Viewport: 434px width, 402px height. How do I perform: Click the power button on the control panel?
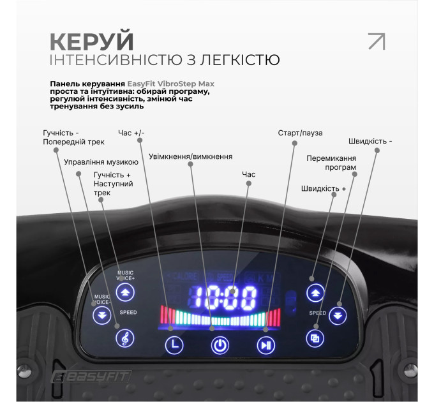tap(220, 346)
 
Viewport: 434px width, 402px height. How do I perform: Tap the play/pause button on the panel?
tap(266, 346)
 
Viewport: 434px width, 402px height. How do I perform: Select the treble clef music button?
tap(124, 339)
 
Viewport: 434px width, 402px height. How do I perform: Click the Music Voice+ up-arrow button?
tap(125, 293)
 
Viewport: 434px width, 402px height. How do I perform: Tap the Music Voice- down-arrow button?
tap(101, 315)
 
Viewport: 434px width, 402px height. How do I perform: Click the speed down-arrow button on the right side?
tap(338, 315)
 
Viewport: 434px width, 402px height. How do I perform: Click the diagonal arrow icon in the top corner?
tap(377, 41)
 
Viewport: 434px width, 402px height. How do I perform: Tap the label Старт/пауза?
tap(300, 133)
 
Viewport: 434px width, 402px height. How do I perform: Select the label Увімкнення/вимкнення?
tap(190, 156)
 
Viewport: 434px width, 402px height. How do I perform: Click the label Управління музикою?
tap(101, 162)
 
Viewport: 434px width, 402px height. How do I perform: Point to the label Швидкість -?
tap(370, 141)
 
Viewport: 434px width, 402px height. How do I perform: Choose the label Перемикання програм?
tap(331, 163)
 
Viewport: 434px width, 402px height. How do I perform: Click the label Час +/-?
tap(131, 133)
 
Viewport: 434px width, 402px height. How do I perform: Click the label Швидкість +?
tap(324, 188)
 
